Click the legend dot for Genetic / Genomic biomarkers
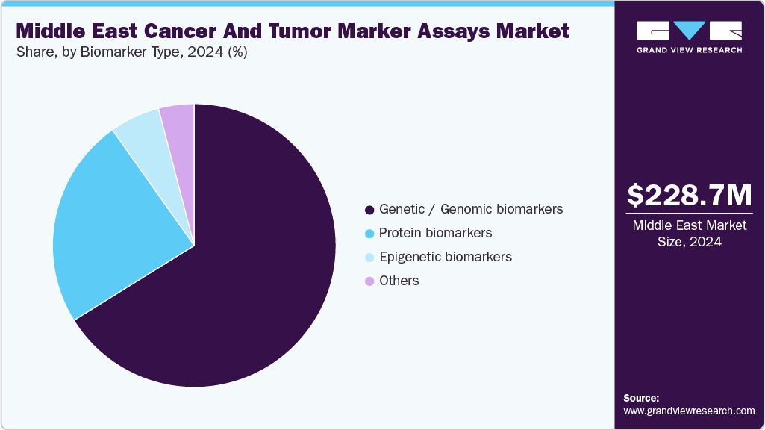pyautogui.click(x=369, y=210)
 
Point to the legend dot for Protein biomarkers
pyautogui.click(x=369, y=234)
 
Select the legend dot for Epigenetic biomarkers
pyautogui.click(x=369, y=258)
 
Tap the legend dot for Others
pyautogui.click(x=369, y=281)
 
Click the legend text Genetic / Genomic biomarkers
pyautogui.click(x=471, y=209)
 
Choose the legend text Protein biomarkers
pyautogui.click(x=435, y=233)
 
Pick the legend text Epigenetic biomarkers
pyautogui.click(x=445, y=257)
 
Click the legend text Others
pyautogui.click(x=399, y=281)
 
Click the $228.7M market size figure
pyautogui.click(x=689, y=196)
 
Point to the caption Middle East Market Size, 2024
pyautogui.click(x=689, y=234)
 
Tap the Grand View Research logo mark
pyautogui.click(x=689, y=31)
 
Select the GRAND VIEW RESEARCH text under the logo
pyautogui.click(x=689, y=50)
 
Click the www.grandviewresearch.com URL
pyautogui.click(x=689, y=411)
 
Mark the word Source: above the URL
pyautogui.click(x=641, y=398)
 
